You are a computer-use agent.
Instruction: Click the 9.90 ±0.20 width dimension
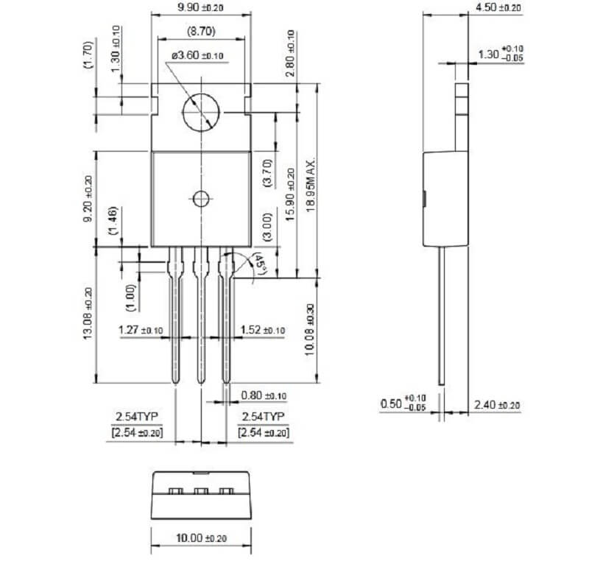(x=200, y=7)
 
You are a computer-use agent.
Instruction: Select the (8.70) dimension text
(x=201, y=31)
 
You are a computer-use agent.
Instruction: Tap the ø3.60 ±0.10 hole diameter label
(x=197, y=56)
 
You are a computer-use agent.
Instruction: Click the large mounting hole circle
(x=201, y=113)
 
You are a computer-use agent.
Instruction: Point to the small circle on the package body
(x=201, y=199)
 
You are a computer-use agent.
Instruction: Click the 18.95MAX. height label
(x=310, y=186)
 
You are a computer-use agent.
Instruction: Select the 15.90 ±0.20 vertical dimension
(x=291, y=194)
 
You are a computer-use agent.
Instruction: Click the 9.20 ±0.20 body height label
(x=88, y=199)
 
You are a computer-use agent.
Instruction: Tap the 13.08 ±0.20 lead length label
(x=88, y=314)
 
